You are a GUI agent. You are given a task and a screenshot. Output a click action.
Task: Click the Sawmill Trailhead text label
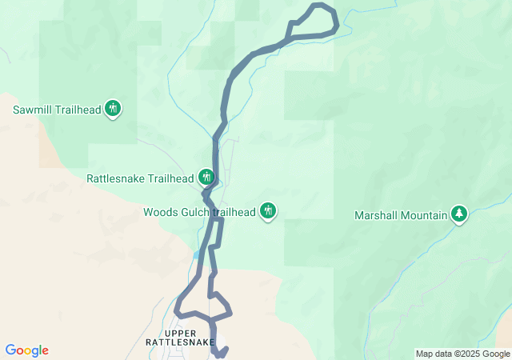[57, 109]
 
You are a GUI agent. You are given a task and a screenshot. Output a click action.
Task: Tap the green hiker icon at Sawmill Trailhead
[113, 108]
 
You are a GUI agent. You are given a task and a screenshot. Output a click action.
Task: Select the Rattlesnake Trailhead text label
[140, 178]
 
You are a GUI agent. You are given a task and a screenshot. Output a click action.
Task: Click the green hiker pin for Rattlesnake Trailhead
[206, 176]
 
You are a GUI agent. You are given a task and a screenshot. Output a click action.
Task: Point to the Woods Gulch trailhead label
[199, 212]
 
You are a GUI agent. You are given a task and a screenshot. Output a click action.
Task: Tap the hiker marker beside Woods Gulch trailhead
[268, 210]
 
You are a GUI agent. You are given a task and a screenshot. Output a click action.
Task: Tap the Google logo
[26, 350]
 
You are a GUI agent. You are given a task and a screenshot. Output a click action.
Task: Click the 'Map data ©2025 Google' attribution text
[462, 354]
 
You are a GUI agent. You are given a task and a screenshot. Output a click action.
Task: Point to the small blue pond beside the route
[196, 254]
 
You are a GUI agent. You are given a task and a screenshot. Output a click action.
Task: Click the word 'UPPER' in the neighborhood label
[180, 333]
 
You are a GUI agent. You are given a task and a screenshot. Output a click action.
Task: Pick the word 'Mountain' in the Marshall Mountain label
[423, 214]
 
